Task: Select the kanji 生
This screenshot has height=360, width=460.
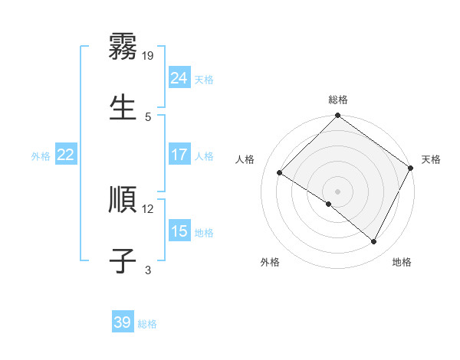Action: click(x=123, y=107)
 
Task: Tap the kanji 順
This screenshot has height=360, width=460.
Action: click(x=123, y=200)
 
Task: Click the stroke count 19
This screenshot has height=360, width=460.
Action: click(x=149, y=55)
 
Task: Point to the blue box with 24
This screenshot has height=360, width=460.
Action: click(x=179, y=78)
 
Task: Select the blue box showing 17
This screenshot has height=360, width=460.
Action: click(x=179, y=155)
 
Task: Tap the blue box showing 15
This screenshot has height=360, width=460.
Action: click(x=179, y=231)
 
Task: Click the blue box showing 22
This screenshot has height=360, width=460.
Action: click(x=65, y=155)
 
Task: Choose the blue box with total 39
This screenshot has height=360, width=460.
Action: click(x=123, y=322)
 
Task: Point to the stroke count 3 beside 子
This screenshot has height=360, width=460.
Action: click(x=149, y=270)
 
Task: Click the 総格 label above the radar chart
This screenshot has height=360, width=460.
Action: click(x=338, y=100)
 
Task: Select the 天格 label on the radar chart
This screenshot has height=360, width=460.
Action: click(x=431, y=159)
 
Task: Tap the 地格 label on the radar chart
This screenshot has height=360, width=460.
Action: click(x=402, y=262)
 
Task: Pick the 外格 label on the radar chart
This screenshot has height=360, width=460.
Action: click(x=270, y=262)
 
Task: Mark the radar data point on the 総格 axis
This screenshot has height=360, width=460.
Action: click(x=338, y=116)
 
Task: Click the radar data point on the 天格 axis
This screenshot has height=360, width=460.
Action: click(x=411, y=168)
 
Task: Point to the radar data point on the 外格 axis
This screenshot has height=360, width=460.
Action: click(x=329, y=204)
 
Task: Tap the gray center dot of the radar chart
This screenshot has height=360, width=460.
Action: click(x=338, y=191)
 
